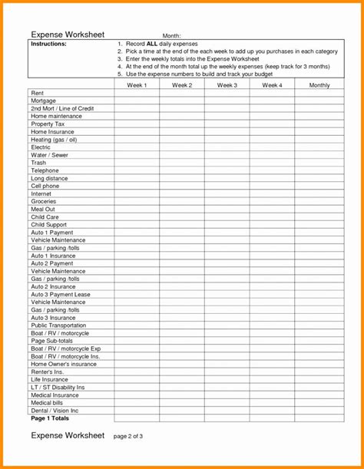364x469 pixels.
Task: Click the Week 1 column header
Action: (137, 85)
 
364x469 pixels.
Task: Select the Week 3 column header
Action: (227, 85)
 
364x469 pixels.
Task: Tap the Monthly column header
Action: (319, 85)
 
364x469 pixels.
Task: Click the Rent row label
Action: (37, 93)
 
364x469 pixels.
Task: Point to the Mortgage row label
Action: (43, 101)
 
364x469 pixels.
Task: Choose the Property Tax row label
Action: (48, 124)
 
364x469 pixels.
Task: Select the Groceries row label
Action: (44, 201)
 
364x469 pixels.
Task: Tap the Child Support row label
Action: (48, 225)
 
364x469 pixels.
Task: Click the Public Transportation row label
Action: (58, 325)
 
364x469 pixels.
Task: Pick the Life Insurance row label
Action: (49, 380)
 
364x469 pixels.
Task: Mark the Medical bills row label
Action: (47, 403)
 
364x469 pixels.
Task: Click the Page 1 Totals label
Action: (50, 418)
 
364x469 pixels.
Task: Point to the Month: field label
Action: (171, 36)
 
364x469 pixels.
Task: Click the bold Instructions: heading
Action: (48, 44)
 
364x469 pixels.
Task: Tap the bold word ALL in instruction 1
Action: (152, 44)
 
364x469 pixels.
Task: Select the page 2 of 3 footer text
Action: (128, 436)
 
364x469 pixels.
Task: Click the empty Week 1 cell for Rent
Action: (137, 93)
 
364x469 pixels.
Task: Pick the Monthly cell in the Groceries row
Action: (319, 201)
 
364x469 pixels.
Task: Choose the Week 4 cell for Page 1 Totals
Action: (272, 418)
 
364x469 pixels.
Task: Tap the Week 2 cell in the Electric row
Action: (182, 147)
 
